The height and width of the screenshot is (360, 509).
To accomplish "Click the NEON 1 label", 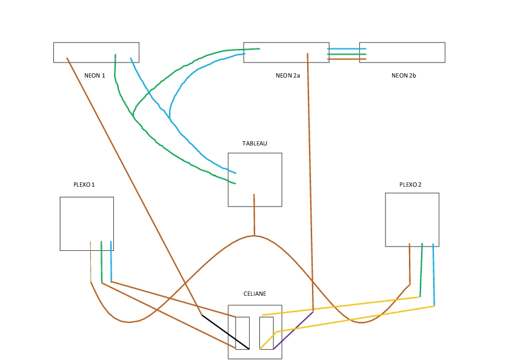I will (x=95, y=76).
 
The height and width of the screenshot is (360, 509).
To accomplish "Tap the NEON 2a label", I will (x=288, y=76).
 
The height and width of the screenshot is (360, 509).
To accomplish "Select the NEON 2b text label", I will (x=404, y=76).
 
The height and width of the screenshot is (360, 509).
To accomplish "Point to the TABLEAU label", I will (x=254, y=144).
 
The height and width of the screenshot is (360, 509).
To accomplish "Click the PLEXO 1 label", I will (x=84, y=184).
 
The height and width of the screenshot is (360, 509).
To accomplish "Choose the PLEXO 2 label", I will (x=410, y=184).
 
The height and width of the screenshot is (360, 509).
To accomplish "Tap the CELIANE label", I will (x=255, y=294).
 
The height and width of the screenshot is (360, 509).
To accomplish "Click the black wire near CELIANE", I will (x=225, y=332).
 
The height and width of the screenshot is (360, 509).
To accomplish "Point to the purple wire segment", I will (x=293, y=330).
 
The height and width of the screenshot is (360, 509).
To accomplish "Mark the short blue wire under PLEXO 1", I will (x=111, y=261).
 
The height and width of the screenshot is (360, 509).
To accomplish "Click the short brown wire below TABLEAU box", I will (x=254, y=215).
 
